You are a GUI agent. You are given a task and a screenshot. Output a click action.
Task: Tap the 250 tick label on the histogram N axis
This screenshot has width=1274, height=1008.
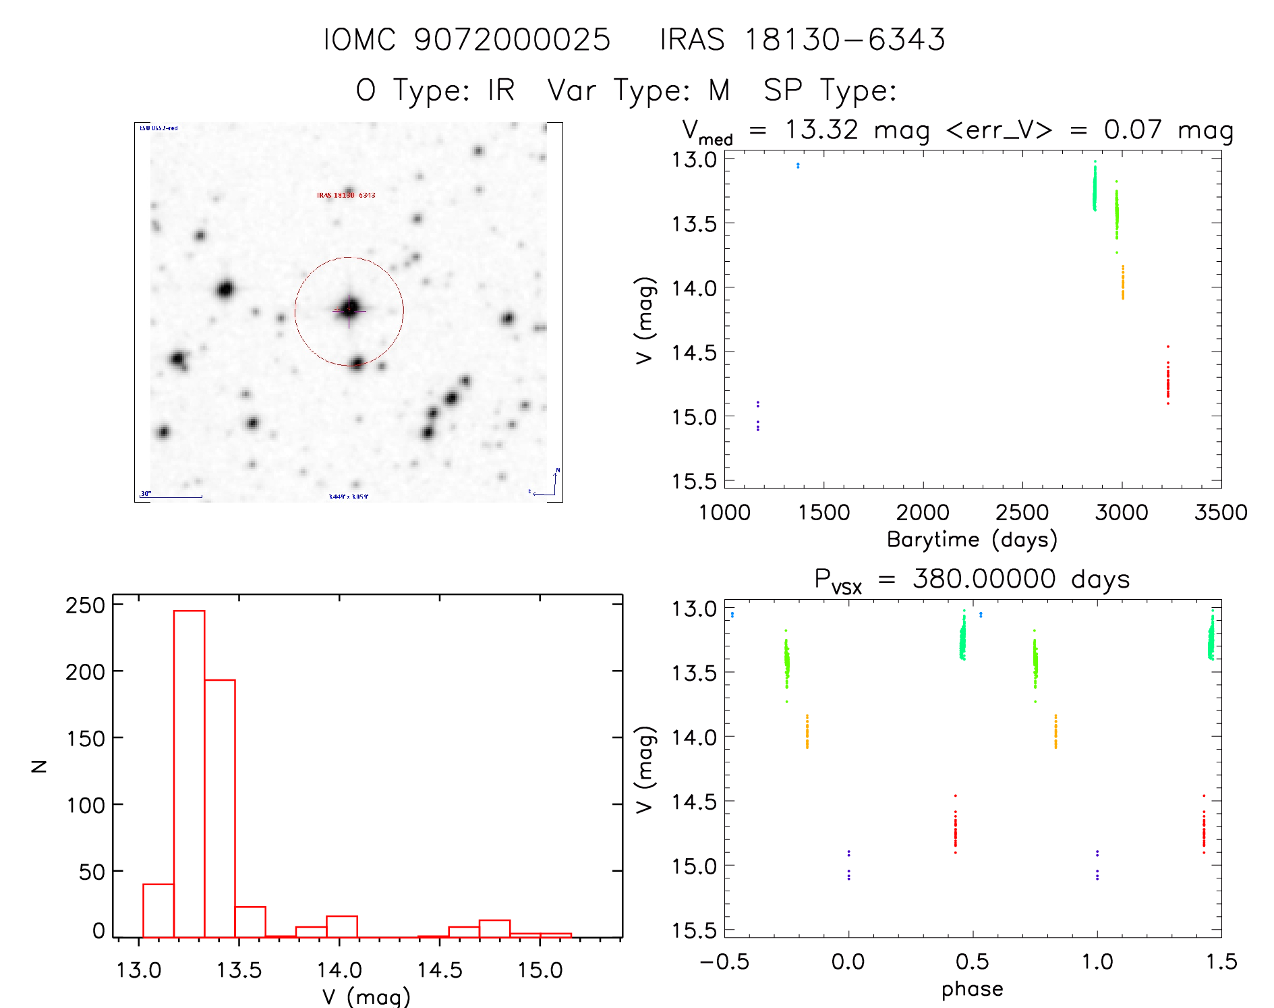pyautogui.click(x=86, y=605)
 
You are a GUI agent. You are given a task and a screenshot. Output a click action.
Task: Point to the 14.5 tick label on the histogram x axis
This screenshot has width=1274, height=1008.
pyautogui.click(x=439, y=970)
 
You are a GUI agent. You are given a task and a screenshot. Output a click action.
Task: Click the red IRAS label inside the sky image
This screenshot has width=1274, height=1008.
pyautogui.click(x=346, y=195)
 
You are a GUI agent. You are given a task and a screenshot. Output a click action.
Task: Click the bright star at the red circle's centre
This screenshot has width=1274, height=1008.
pyautogui.click(x=349, y=308)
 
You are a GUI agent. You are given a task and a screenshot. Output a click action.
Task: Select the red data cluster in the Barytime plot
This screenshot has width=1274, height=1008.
pyautogui.click(x=1167, y=381)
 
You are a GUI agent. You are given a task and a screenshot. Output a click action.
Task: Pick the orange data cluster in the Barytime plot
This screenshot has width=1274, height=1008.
pyautogui.click(x=1123, y=283)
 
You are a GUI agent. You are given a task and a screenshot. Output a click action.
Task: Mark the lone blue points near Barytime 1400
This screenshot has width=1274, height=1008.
pyautogui.click(x=798, y=165)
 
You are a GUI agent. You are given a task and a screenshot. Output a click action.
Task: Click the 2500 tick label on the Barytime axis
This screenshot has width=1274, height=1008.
pyautogui.click(x=1022, y=513)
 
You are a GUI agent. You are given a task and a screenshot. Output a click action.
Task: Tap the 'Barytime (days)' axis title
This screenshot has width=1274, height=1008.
pyautogui.click(x=972, y=540)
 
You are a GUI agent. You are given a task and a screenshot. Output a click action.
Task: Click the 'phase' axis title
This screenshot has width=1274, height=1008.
pyautogui.click(x=972, y=989)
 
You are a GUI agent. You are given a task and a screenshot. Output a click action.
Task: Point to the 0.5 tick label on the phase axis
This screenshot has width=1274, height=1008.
pyautogui.click(x=972, y=961)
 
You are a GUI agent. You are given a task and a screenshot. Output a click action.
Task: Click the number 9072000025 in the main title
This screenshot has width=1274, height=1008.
pyautogui.click(x=512, y=40)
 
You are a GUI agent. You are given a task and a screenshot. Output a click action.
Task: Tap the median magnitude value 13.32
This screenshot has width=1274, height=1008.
pyautogui.click(x=821, y=130)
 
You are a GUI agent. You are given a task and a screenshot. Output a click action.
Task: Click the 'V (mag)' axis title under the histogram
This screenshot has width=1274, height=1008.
pyautogui.click(x=366, y=997)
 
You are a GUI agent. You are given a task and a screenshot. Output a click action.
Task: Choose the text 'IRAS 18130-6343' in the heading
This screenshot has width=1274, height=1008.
pyautogui.click(x=803, y=40)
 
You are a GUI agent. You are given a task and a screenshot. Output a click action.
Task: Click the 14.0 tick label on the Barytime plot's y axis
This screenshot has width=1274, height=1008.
pyautogui.click(x=694, y=288)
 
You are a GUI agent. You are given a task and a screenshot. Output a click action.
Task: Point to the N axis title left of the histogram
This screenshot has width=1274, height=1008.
pyautogui.click(x=39, y=766)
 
